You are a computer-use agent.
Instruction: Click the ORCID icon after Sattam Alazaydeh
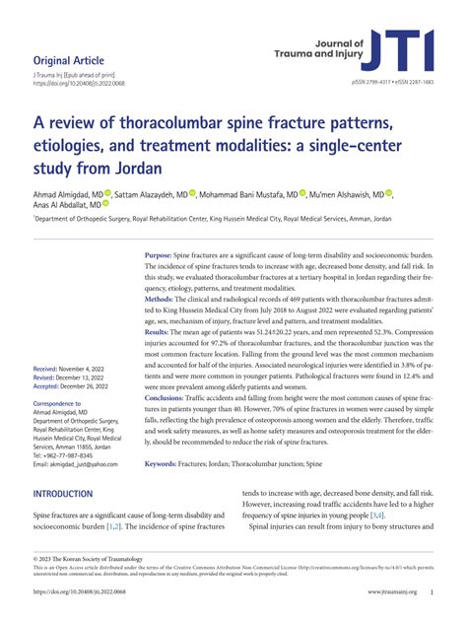(x=193, y=193)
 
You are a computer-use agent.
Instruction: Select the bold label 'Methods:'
(x=162, y=298)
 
